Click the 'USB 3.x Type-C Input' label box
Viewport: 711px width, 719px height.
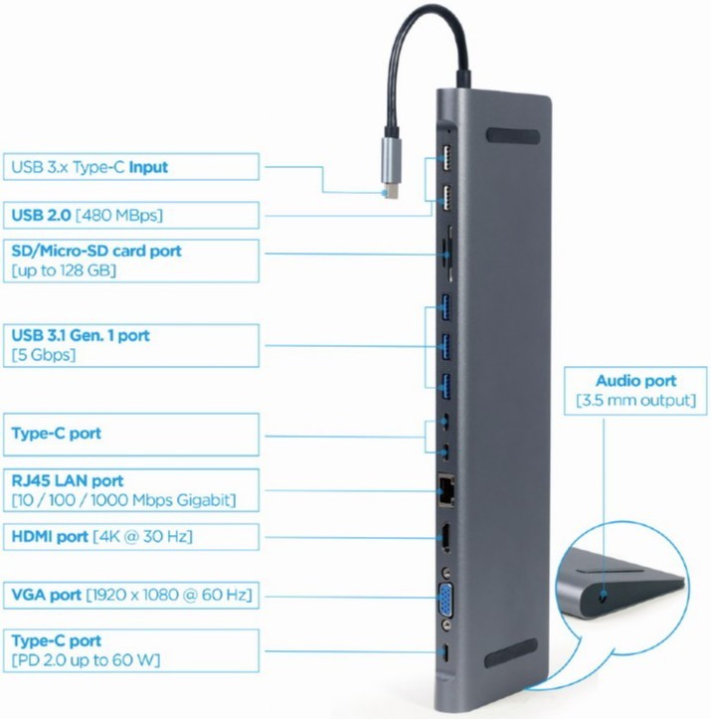(x=131, y=166)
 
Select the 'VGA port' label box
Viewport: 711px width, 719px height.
(x=131, y=596)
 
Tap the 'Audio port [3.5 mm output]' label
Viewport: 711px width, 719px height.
(x=635, y=391)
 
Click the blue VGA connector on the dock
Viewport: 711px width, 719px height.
(x=445, y=601)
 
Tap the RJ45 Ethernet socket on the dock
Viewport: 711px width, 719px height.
(x=446, y=490)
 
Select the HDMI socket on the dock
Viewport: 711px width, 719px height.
(x=445, y=538)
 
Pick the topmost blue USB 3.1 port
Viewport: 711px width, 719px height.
(x=445, y=307)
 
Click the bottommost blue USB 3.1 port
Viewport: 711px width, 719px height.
(x=445, y=387)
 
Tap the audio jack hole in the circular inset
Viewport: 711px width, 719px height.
(x=604, y=596)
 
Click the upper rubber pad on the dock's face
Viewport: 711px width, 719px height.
(x=513, y=135)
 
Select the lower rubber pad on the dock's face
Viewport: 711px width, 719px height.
(x=511, y=653)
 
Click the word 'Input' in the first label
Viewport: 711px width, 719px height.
(x=148, y=167)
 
